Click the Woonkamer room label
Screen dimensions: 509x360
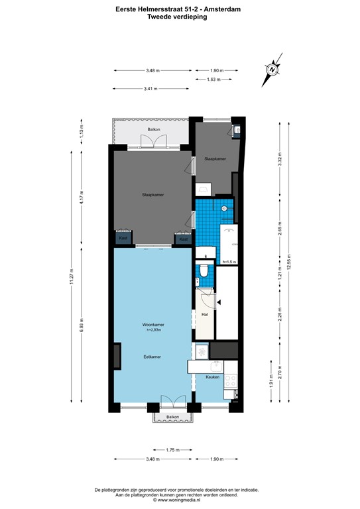(153, 324)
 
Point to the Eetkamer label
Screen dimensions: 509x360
(153, 357)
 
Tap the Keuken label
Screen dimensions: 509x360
(212, 376)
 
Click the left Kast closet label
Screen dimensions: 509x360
(123, 238)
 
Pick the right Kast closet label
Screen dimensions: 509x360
(184, 238)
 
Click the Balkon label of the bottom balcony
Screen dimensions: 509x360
(172, 416)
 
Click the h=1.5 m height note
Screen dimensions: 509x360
(229, 262)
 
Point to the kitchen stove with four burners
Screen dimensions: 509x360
(231, 381)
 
